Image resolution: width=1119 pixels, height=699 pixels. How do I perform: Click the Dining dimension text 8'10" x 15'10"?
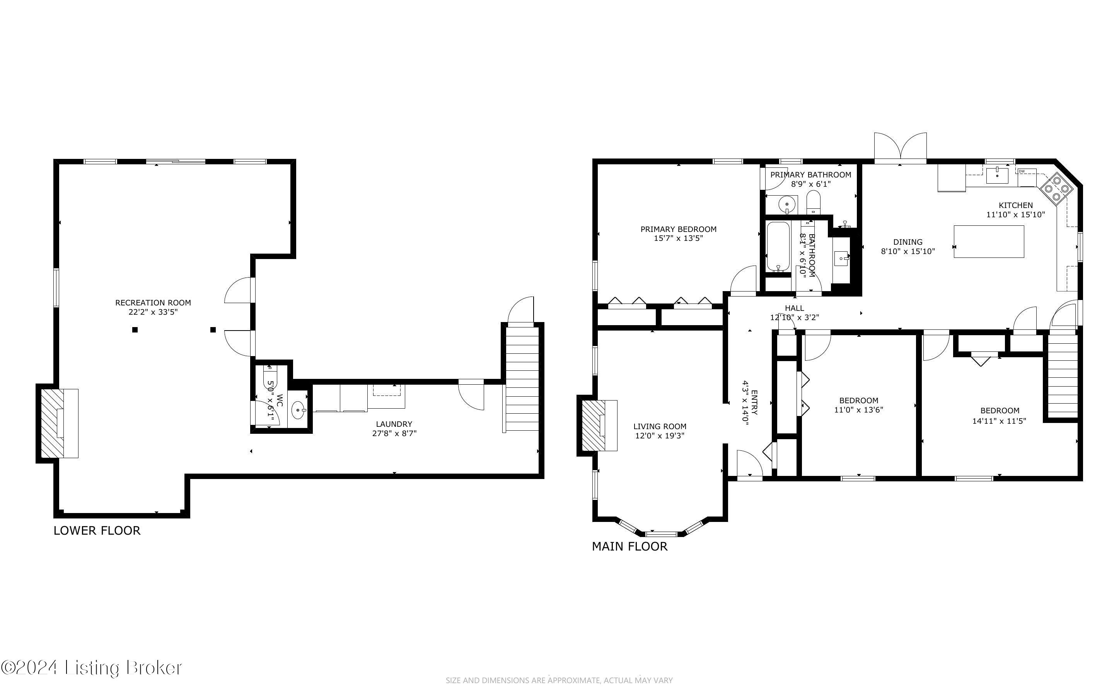tap(908, 251)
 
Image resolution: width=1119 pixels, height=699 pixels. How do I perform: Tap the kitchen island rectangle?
tap(989, 241)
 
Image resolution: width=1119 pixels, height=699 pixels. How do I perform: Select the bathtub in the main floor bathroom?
tap(778, 246)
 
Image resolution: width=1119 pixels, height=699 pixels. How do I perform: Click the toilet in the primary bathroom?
tap(813, 203)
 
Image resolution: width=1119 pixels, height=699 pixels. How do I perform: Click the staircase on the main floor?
tap(1063, 376)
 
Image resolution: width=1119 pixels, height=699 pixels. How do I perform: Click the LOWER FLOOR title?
tap(97, 530)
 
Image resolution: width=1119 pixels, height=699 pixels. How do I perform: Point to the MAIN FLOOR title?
tap(629, 546)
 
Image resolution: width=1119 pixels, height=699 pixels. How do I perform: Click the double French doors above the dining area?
tap(901, 148)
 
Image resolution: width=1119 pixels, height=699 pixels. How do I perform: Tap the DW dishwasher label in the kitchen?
tap(1022, 172)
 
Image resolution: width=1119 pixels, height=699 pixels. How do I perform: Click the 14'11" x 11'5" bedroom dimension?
tap(1000, 421)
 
